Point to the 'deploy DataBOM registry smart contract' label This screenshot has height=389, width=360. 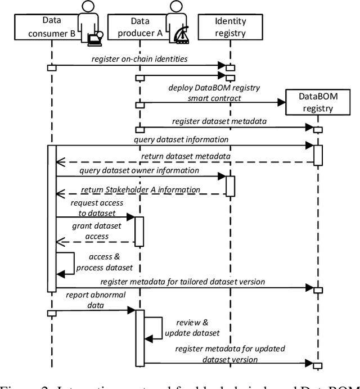point(206,93)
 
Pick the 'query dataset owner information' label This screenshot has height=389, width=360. point(139,170)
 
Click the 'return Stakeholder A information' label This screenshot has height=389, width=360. point(140,190)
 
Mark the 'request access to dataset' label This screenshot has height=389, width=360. point(93,207)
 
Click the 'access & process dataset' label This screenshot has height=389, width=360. point(104,262)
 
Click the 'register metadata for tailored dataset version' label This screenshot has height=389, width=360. point(183,281)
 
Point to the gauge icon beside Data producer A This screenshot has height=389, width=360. point(181,36)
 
